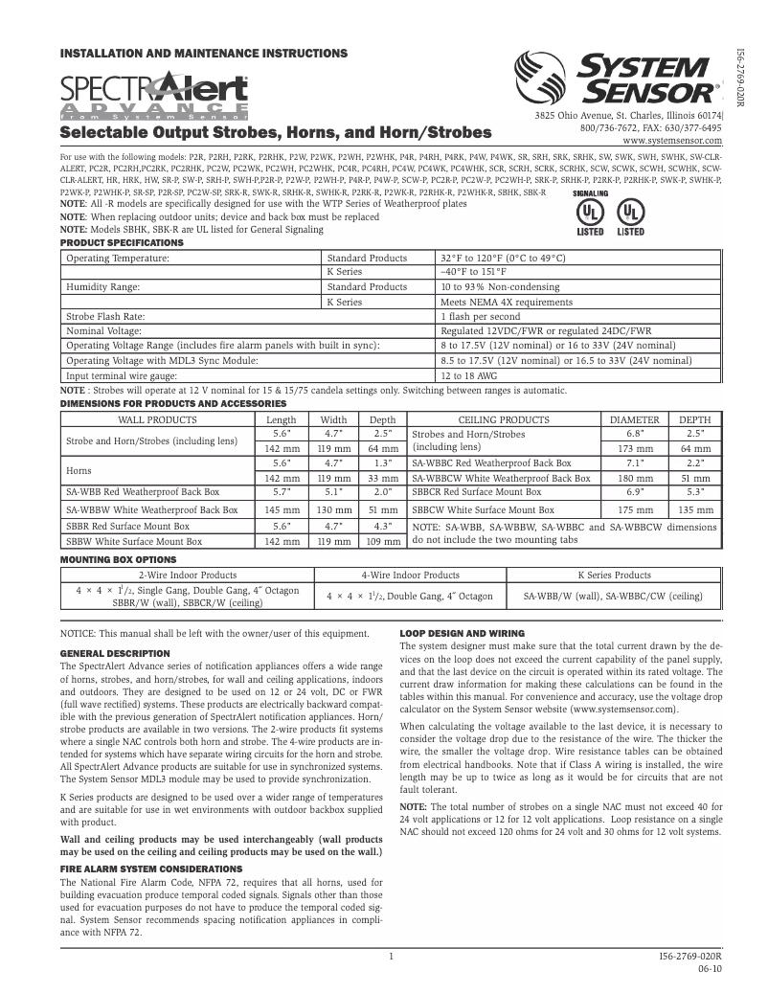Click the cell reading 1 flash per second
click(480, 316)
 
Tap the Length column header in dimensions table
click(281, 419)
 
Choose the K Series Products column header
click(615, 575)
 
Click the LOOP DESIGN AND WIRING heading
click(462, 634)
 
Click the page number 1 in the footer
click(392, 957)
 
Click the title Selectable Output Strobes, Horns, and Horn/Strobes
click(276, 131)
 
